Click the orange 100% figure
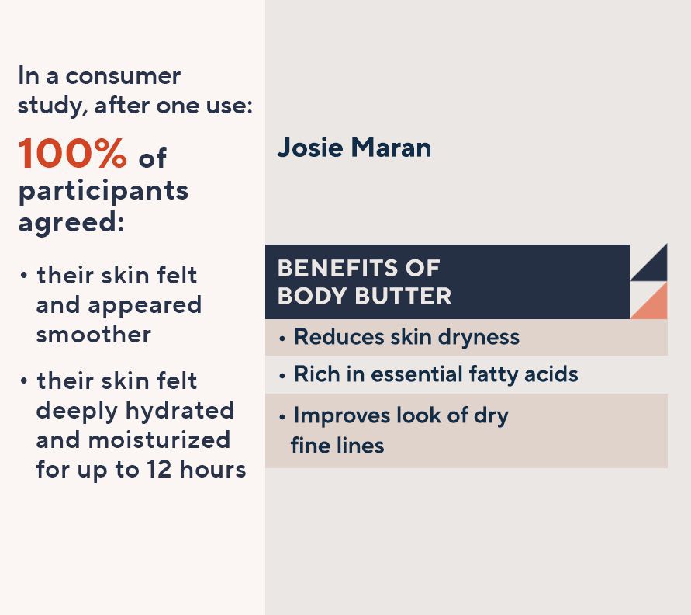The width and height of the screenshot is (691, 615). pyautogui.click(x=73, y=153)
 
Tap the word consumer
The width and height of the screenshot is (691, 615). pyautogui.click(x=123, y=76)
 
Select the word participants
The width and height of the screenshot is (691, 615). pyautogui.click(x=104, y=192)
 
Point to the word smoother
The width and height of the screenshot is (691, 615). pyautogui.click(x=93, y=334)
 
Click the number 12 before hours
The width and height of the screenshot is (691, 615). pyautogui.click(x=159, y=469)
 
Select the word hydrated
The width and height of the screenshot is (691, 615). pyautogui.click(x=179, y=410)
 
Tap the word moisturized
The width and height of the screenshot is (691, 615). pyautogui.click(x=159, y=440)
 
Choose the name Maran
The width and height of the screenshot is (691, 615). pyautogui.click(x=391, y=148)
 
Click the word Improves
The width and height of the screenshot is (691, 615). pyautogui.click(x=342, y=416)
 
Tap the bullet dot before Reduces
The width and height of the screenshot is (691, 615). pyautogui.click(x=282, y=339)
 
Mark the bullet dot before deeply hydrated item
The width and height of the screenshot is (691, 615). pyautogui.click(x=24, y=380)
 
